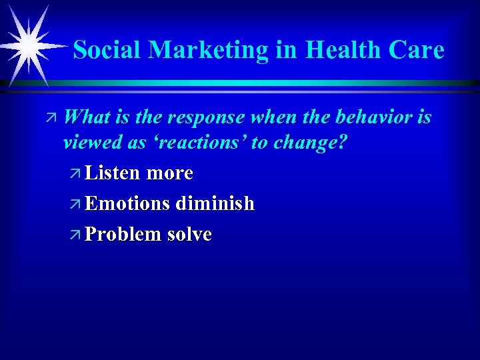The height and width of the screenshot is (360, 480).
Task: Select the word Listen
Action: pos(113,173)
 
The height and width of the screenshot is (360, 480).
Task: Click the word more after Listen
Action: pos(169,173)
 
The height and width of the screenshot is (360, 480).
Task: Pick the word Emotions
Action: pos(128,204)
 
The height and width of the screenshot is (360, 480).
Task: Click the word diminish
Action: pos(215,204)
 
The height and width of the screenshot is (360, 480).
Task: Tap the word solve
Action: pos(190,235)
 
